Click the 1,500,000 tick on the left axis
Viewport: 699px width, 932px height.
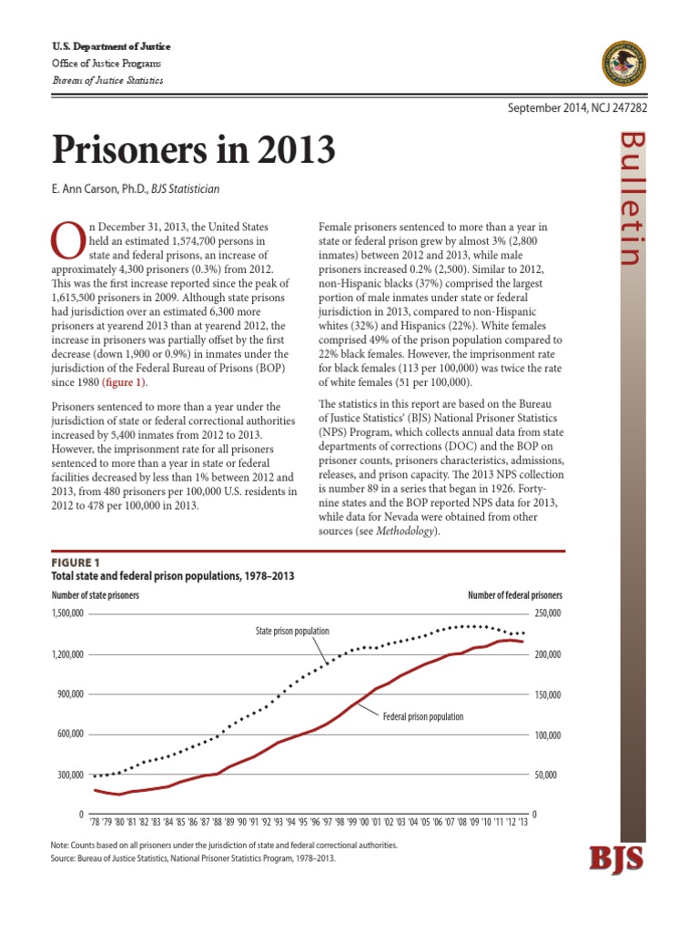point(64,614)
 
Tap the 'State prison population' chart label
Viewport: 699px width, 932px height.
point(292,631)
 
